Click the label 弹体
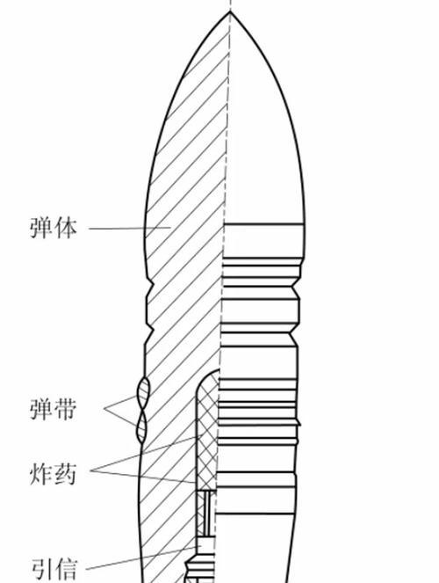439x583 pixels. click(x=54, y=228)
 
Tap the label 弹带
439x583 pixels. click(x=54, y=409)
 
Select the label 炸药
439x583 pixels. click(x=54, y=474)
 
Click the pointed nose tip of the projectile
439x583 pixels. click(x=230, y=12)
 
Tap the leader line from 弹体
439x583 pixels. click(x=130, y=228)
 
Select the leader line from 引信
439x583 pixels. click(x=141, y=557)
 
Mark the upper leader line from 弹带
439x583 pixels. click(x=121, y=403)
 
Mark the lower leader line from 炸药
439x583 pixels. click(x=144, y=477)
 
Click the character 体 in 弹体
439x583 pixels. click(x=66, y=228)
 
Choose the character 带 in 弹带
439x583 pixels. click(x=66, y=409)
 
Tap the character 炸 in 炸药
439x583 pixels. click(x=41, y=474)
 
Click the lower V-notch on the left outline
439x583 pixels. click(x=151, y=330)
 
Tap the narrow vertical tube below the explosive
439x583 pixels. click(x=206, y=514)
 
